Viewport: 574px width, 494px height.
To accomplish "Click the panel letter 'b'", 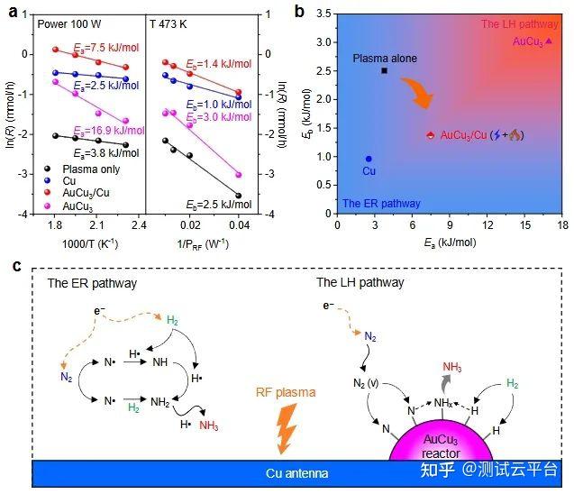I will tap(299, 11).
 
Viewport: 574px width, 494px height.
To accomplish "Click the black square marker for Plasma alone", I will tap(384, 70).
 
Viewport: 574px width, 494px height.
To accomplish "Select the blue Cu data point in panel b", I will tap(369, 159).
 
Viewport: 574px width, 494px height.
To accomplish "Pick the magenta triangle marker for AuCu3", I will tap(549, 41).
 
